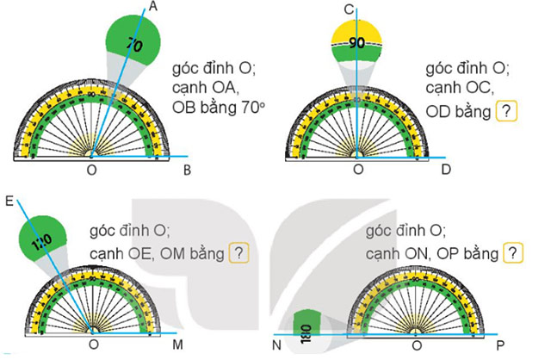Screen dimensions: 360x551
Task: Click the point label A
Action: click(154, 7)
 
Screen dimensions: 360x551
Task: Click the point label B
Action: click(188, 170)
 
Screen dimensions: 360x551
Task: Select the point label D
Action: click(445, 170)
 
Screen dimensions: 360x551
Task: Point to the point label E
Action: click(9, 202)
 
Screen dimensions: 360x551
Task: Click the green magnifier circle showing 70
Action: click(133, 42)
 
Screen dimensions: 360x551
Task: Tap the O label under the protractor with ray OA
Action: click(93, 170)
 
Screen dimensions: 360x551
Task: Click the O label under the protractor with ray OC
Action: click(358, 170)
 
